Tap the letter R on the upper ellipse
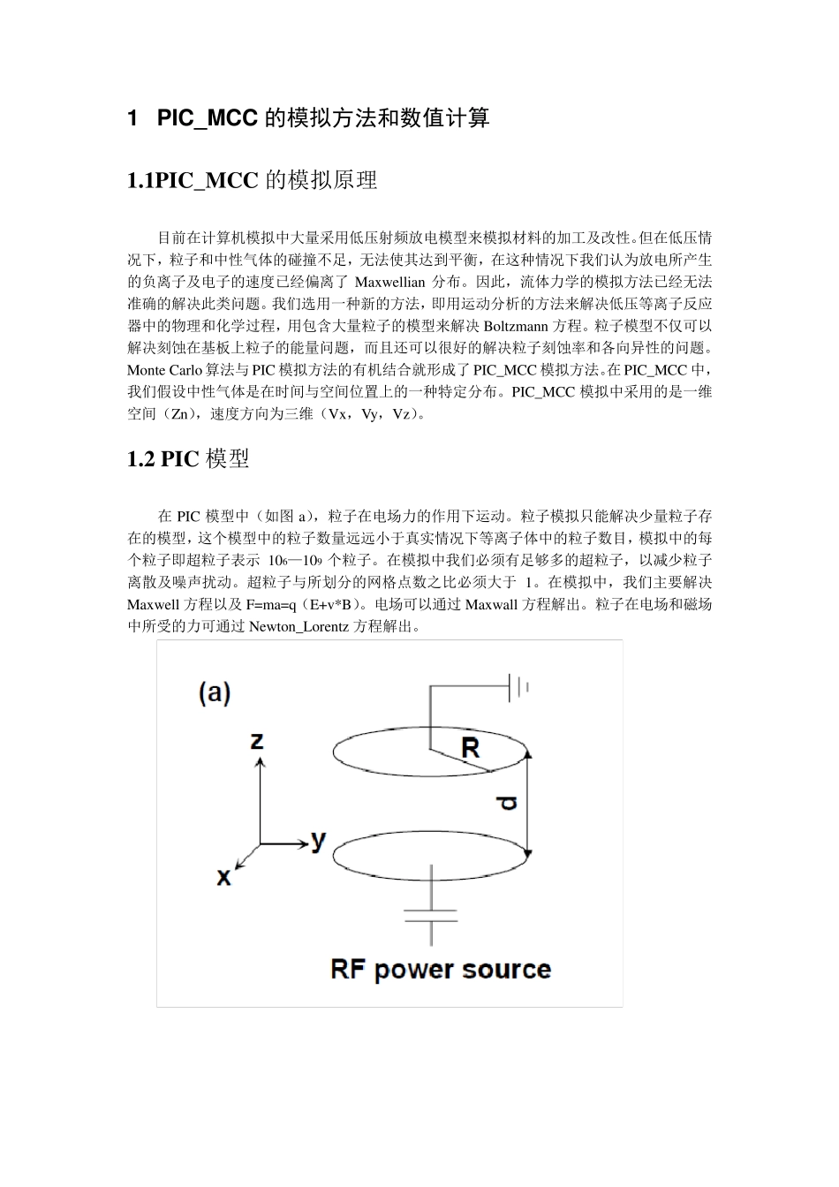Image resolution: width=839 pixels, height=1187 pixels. coord(470,748)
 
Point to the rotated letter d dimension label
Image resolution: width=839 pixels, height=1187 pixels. coord(506,803)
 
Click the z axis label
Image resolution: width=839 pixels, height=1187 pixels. coord(257,739)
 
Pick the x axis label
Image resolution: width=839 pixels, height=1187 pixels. coord(224,876)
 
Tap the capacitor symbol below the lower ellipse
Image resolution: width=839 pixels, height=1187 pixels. coord(431,915)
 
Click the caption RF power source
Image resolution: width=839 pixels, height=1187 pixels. coord(441,970)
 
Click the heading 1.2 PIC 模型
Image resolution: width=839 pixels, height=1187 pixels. coord(188,458)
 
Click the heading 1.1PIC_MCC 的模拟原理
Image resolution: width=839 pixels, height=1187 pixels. coord(253,181)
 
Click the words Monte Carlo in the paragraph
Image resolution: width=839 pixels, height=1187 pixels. coord(163,370)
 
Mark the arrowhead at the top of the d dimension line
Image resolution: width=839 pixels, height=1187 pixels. coord(527,754)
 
